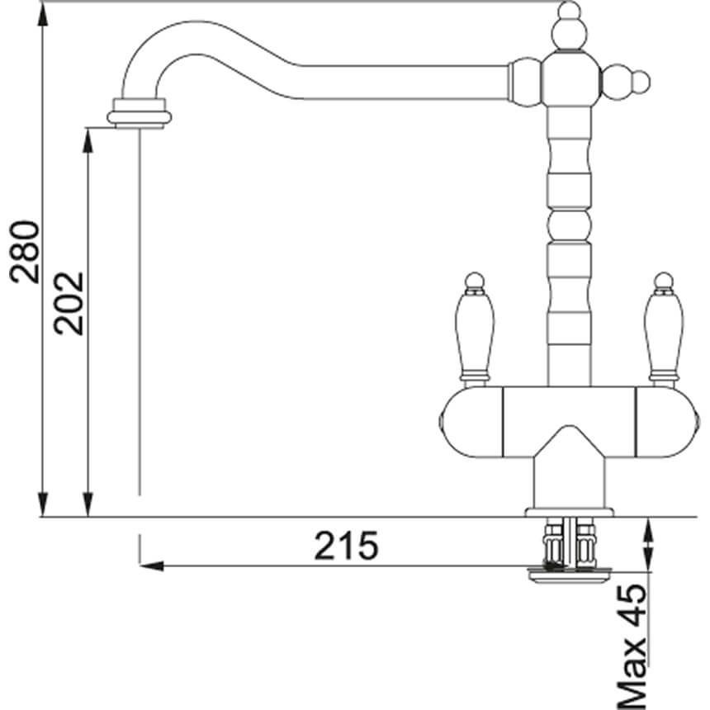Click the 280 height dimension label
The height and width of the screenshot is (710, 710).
[25, 252]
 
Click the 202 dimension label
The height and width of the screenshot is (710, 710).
[69, 303]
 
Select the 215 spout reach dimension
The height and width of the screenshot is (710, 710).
[346, 546]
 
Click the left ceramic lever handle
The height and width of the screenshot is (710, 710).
[474, 334]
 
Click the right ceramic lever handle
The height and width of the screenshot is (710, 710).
[664, 334]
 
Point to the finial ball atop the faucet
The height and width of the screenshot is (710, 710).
[569, 12]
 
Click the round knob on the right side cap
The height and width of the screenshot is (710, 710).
[641, 82]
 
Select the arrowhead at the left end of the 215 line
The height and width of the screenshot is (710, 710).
[151, 566]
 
